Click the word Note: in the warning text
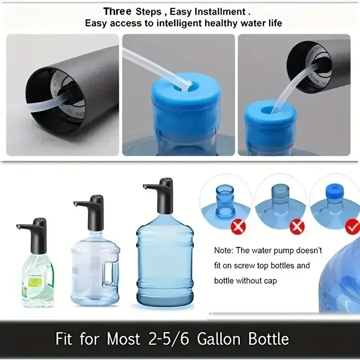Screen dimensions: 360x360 point(224,250)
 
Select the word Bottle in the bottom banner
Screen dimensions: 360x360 point(265,339)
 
